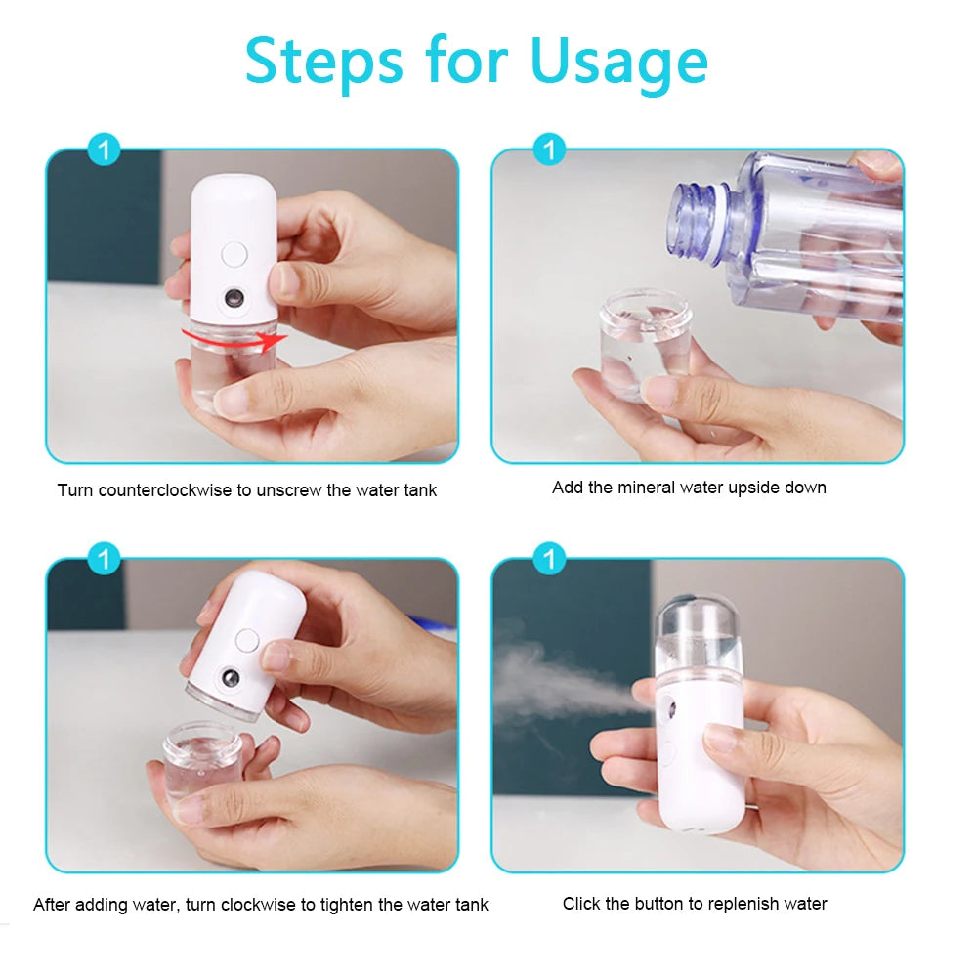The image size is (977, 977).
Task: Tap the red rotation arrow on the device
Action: tap(234, 338)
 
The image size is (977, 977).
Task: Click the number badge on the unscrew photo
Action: tap(104, 150)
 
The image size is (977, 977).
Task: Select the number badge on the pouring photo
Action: tap(550, 150)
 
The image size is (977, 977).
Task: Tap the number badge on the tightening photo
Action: tap(104, 560)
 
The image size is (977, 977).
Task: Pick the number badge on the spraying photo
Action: tap(550, 560)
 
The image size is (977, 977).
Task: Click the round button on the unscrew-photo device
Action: tap(234, 254)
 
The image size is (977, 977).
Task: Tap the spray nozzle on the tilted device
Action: tap(228, 677)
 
